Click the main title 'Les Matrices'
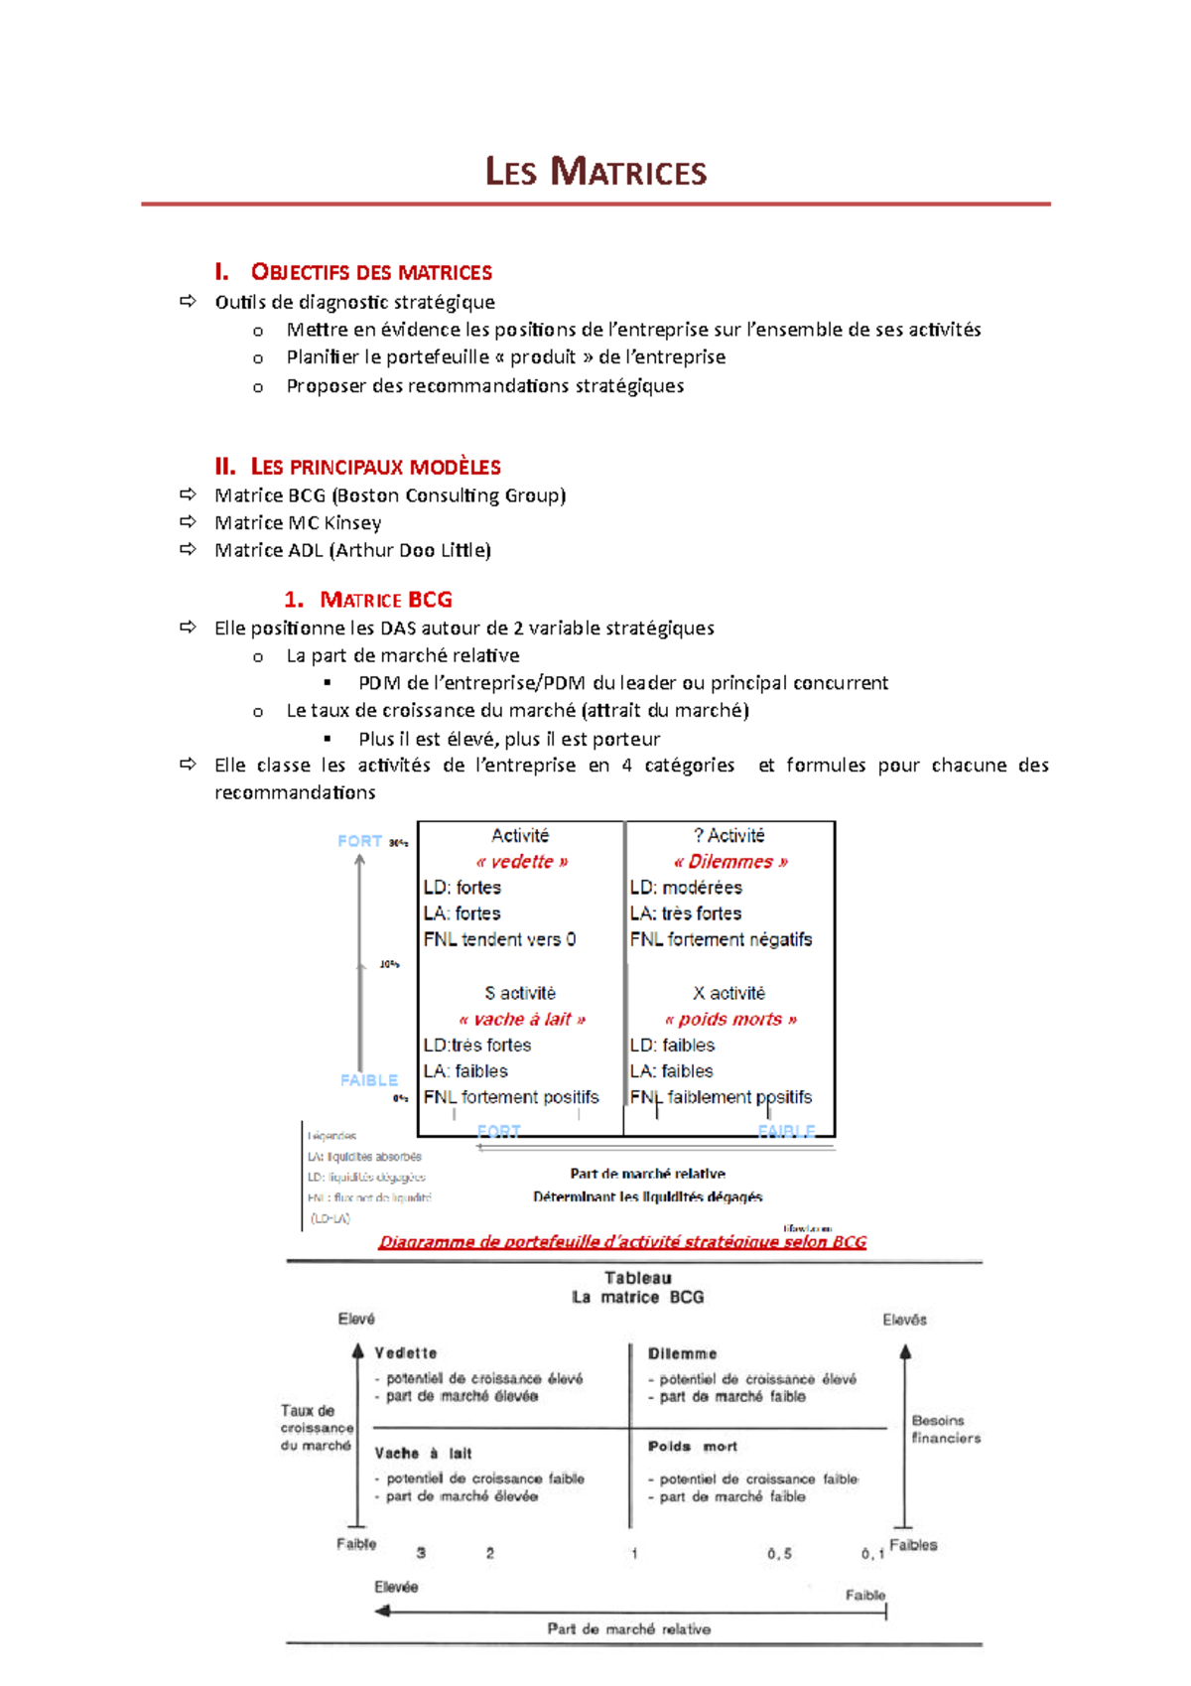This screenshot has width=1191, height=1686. [x=595, y=172]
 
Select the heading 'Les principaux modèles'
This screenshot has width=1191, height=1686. [x=375, y=467]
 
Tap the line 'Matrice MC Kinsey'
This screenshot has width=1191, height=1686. [x=298, y=522]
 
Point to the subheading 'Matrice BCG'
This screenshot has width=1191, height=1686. [x=385, y=600]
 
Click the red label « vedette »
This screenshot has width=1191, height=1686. [x=521, y=862]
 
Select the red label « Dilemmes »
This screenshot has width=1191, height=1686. [x=730, y=862]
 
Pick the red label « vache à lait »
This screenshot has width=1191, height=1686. [x=521, y=1019]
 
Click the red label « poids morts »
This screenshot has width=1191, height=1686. [x=730, y=1019]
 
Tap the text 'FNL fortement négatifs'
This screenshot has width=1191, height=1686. [x=721, y=939]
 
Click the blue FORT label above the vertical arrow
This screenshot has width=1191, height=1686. [x=359, y=841]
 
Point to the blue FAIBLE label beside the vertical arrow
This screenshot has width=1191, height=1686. [x=368, y=1080]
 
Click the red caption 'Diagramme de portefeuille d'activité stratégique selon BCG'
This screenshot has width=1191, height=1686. [x=622, y=1242]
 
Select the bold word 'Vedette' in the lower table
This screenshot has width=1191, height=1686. [x=405, y=1353]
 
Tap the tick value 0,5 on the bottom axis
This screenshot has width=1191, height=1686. [x=779, y=1554]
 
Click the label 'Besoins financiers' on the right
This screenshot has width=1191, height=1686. [x=945, y=1429]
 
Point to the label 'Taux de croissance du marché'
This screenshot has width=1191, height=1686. [x=316, y=1428]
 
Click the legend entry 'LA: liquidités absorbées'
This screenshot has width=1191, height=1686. [x=364, y=1157]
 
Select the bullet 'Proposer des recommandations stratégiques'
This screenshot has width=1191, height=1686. [x=484, y=385]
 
